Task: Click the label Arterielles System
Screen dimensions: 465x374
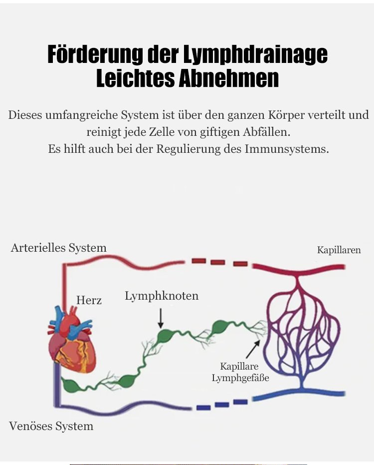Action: coord(58,248)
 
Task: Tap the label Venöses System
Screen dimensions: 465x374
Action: coord(51,426)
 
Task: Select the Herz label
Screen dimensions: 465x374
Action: coord(89,300)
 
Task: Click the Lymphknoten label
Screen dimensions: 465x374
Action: coord(162,296)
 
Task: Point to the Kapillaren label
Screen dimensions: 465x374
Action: coord(339,250)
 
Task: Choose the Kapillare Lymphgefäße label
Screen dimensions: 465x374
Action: coord(240,373)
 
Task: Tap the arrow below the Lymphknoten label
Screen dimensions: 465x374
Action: coord(161,318)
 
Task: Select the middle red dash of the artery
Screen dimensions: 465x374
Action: coord(217,262)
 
